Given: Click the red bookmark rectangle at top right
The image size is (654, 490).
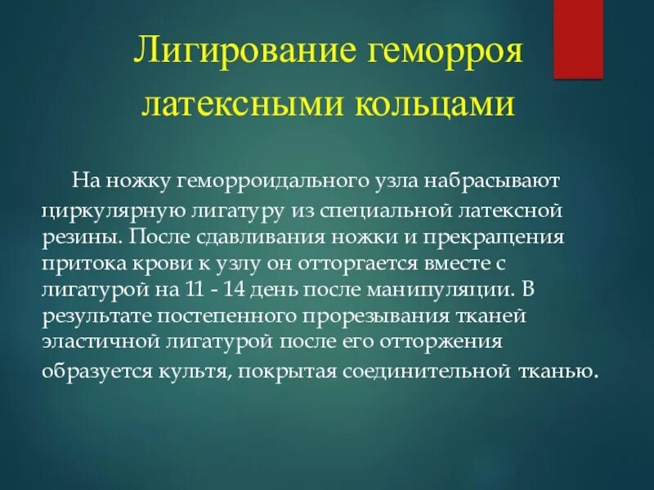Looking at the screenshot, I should click(578, 38).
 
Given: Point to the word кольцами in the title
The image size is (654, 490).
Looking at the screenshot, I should click(434, 107).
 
